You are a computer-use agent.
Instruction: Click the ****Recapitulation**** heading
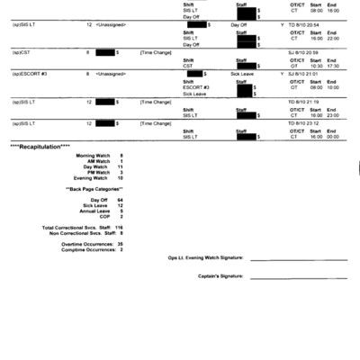pos(40,145)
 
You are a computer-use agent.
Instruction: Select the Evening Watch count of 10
pos(120,178)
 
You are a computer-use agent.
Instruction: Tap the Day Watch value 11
pos(120,166)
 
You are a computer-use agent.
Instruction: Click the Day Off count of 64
pos(120,200)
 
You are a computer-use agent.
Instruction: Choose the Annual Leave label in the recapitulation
pos(94,211)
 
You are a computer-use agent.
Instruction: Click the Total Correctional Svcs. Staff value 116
pos(119,228)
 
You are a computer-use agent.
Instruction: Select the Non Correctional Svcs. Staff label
pos(75,233)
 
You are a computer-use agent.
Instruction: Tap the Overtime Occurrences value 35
pos(120,244)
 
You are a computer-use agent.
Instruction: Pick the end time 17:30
pos(333,66)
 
